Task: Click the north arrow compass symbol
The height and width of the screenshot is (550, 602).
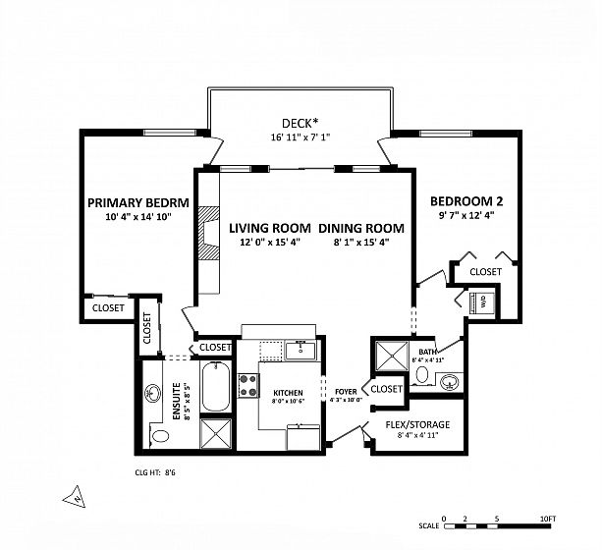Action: pos(75,496)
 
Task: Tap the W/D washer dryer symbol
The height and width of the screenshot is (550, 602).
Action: pos(482,302)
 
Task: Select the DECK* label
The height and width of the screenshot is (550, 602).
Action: pos(300,123)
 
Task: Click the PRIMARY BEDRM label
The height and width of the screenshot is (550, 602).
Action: pos(138,202)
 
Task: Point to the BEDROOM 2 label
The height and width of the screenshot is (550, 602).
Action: pos(466,201)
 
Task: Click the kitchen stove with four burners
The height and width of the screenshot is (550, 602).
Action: pos(248,386)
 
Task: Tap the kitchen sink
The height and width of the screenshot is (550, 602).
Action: pos(301,350)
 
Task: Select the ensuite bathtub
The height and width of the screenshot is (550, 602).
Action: pos(216,387)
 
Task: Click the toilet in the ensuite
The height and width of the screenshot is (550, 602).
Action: pos(159,435)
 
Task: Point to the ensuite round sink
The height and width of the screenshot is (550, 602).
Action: pos(152,394)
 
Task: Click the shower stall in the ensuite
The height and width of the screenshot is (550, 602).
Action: pos(216,433)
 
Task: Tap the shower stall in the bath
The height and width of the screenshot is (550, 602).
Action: pos(392,357)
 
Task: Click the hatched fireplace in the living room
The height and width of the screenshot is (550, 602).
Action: pos(209,233)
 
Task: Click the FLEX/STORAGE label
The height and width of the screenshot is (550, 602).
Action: pos(417,424)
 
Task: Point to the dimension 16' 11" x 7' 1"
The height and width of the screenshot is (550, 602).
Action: pos(301,137)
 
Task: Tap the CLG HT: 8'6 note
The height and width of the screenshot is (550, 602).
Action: pos(155,472)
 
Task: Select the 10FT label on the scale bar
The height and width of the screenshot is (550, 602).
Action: pos(547,519)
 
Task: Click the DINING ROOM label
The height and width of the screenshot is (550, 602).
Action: pos(361,228)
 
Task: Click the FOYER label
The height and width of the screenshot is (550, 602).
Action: pos(346,392)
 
